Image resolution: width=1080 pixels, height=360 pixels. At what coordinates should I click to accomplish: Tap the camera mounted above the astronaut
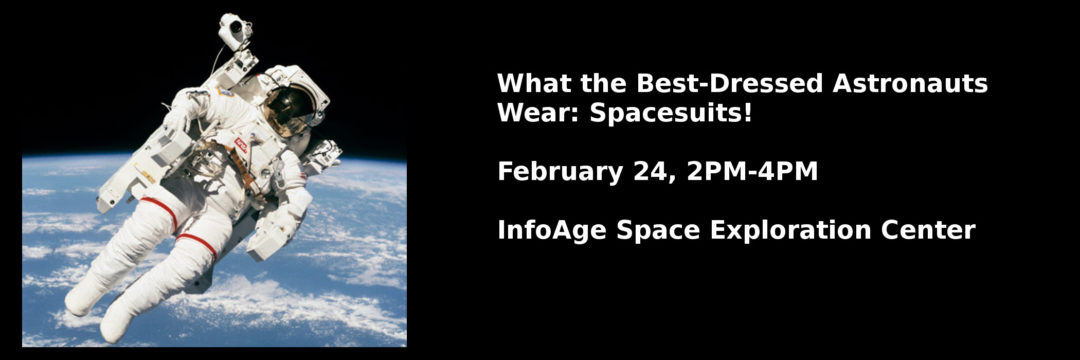[232, 30]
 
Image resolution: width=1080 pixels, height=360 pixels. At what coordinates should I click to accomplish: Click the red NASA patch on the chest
[240, 145]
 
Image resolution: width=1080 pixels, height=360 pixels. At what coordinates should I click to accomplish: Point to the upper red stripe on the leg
[160, 211]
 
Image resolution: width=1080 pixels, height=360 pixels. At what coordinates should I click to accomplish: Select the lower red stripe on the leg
[197, 242]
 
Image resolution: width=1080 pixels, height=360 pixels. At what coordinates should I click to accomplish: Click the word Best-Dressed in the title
[729, 84]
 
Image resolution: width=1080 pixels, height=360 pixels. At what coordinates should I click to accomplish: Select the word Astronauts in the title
[910, 84]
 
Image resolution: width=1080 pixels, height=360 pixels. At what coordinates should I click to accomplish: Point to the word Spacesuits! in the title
[670, 113]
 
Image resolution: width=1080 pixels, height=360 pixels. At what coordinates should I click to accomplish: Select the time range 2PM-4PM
[752, 171]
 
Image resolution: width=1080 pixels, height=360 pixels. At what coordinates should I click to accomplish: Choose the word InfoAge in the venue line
[552, 230]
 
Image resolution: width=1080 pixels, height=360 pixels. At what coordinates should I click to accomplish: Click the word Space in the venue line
[658, 230]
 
